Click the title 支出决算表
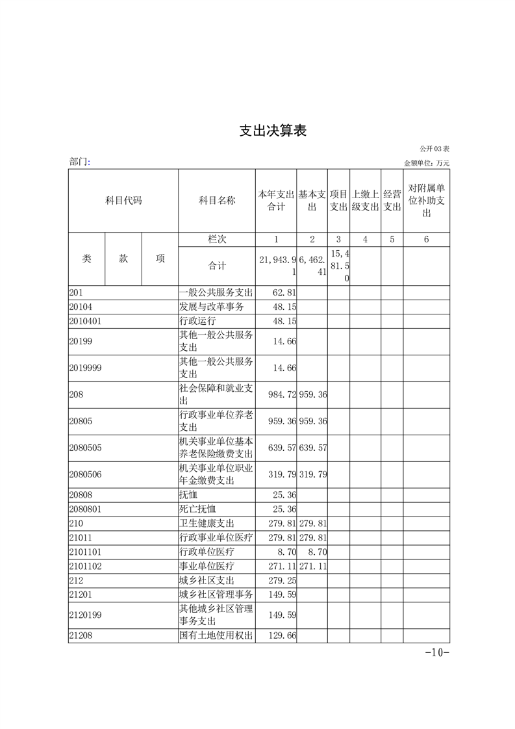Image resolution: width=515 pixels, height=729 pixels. pos(273,131)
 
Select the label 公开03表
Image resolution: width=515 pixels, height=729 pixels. pos(434,150)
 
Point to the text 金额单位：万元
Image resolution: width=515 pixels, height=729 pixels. pos(427,163)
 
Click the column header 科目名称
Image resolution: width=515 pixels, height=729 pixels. pos(217,200)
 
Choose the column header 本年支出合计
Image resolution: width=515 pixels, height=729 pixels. pos(276,200)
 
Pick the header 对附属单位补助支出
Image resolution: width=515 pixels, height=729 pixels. pos(426,200)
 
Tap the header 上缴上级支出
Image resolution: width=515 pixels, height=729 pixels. pos(365,200)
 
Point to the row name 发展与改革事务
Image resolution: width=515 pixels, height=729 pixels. pos(212,307)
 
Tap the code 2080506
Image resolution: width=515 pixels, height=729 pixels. pos(86,474)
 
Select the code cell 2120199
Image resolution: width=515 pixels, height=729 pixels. pos(86,615)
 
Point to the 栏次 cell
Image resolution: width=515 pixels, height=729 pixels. pos(217,239)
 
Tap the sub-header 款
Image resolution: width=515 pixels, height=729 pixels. pos(123,259)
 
